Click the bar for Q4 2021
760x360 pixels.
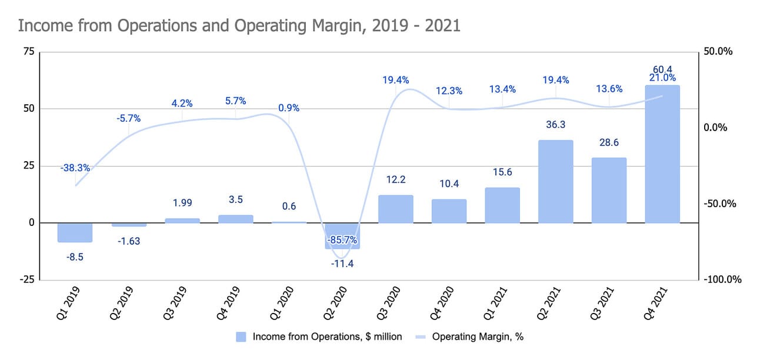pos(662,154)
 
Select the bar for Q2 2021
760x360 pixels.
pos(555,181)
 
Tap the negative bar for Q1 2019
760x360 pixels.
pos(75,232)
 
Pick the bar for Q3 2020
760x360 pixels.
pos(395,209)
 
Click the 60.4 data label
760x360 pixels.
pos(662,68)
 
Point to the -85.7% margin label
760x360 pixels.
pos(342,241)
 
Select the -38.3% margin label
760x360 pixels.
pos(75,168)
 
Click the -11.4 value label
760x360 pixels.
pos(342,264)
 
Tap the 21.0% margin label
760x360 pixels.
pos(662,78)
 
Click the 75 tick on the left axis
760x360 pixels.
pos(28,52)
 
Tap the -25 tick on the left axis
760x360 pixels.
pos(26,279)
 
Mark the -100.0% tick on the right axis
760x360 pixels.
pos(721,279)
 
